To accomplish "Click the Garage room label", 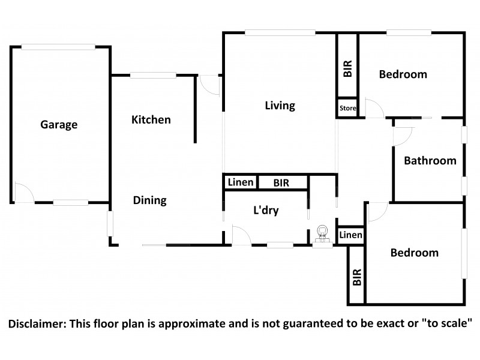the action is (59, 125).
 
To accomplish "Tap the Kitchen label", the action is (151, 119).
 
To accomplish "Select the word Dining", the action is (149, 200).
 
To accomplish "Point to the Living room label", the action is (280, 106).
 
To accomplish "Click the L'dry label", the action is (266, 211).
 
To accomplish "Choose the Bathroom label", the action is (430, 161).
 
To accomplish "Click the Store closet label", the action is (348, 108).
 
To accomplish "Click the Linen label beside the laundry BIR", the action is (241, 182).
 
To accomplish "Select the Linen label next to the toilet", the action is (350, 235).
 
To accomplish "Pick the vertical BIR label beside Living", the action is (348, 68).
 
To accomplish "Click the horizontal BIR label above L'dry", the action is (281, 183).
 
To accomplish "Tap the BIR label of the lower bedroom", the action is (357, 277).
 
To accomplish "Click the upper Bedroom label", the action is (403, 74).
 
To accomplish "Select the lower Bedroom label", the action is (415, 253).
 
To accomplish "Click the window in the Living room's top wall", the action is (280, 32).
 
